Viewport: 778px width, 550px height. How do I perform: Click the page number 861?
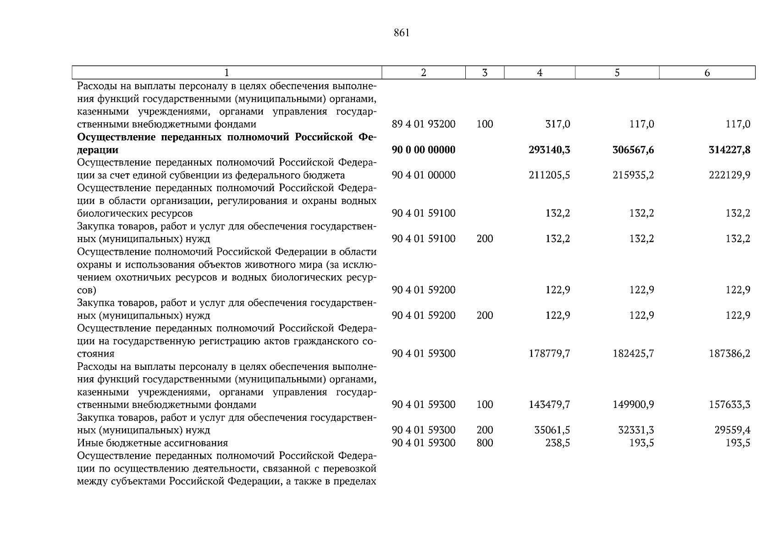coord(401,33)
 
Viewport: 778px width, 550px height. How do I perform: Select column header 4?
coord(540,72)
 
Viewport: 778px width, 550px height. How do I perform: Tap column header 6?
coord(707,72)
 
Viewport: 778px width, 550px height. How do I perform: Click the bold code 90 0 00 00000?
coord(424,150)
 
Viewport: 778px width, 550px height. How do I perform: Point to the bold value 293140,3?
coord(549,150)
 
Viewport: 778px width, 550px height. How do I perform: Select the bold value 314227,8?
coord(729,150)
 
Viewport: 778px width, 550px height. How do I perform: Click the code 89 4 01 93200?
coord(424,124)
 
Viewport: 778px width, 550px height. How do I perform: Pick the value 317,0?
coord(558,124)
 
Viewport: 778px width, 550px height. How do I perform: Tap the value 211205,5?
coord(549,175)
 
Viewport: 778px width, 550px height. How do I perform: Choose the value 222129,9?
coord(729,175)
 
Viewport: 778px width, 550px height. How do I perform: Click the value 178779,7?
coord(549,353)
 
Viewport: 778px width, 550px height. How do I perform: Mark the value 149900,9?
coord(633,405)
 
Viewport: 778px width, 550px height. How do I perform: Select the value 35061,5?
coord(552,430)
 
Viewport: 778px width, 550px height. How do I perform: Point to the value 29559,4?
coord(732,430)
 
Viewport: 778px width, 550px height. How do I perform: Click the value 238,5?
coord(558,443)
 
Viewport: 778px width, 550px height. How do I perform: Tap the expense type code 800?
coord(485,443)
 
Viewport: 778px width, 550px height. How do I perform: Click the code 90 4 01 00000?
coord(424,175)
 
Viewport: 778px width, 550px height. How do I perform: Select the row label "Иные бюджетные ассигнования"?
coord(153,443)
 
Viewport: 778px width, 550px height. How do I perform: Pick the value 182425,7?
coord(633,353)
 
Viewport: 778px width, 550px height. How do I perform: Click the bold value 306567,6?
coord(633,150)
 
